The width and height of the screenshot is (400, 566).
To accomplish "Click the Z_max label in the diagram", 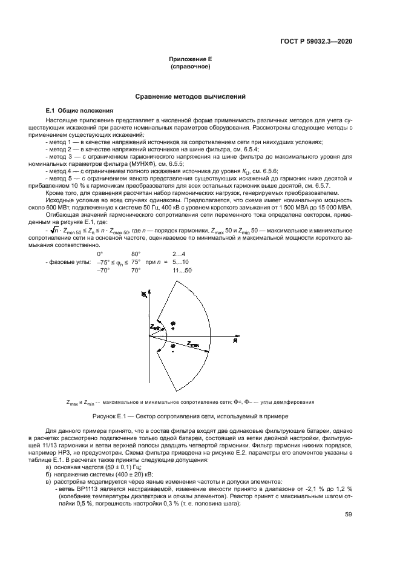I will tap(192, 343).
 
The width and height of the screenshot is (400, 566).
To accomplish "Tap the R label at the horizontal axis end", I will tap(235, 340).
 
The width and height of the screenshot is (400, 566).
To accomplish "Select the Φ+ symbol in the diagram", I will tap(172, 325).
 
